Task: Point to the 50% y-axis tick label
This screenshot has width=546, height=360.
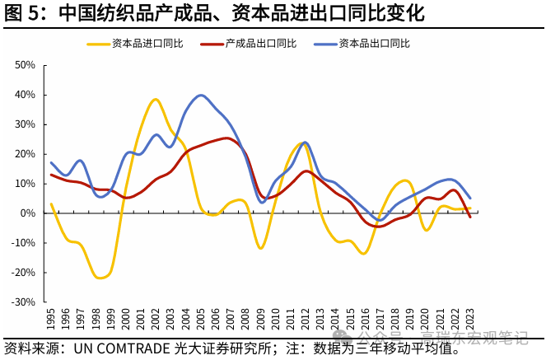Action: point(25,65)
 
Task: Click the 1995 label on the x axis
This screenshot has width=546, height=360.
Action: point(51,318)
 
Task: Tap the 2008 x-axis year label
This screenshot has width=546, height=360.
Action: point(245,318)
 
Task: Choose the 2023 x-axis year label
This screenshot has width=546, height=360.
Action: point(470,318)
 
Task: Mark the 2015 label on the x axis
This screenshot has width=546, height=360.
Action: point(350,318)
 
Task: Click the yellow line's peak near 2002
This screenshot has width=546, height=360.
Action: point(155,100)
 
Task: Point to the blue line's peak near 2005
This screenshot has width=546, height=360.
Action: point(201,95)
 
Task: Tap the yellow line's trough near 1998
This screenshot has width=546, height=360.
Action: point(100,278)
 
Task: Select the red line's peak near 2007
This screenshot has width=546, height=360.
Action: point(226,138)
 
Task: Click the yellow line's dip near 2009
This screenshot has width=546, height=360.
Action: point(261,248)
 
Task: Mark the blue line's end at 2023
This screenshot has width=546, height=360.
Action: point(469,198)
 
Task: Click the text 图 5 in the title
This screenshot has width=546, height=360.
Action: point(21,14)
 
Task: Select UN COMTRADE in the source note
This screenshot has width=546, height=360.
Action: point(122,348)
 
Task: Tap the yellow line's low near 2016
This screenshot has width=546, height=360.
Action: point(363,253)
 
